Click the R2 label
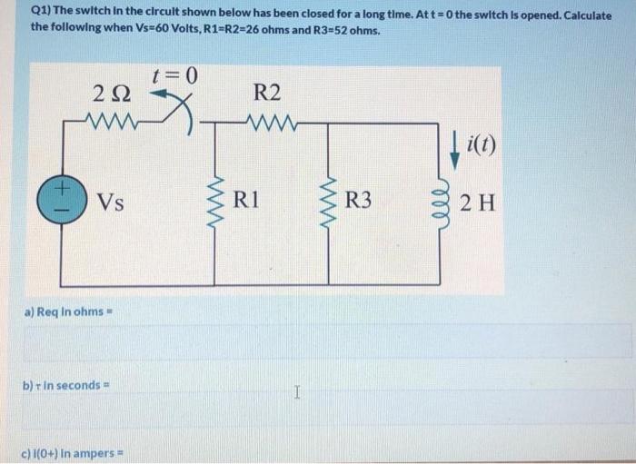[268, 93]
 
